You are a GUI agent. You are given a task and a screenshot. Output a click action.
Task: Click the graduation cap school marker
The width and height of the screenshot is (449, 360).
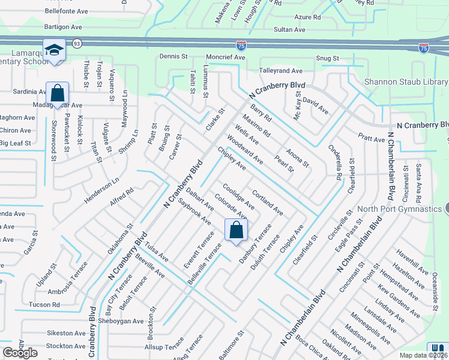click(x=54, y=50)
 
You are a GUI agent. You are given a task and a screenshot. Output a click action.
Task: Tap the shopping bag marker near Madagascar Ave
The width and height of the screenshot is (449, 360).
click(x=57, y=93)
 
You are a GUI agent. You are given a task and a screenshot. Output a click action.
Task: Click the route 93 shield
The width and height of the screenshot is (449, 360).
click(x=76, y=44)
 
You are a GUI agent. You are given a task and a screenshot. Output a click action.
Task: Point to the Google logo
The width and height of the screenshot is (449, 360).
click(x=20, y=353)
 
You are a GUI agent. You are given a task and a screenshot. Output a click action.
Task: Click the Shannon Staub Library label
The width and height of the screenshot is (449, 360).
click(x=406, y=82)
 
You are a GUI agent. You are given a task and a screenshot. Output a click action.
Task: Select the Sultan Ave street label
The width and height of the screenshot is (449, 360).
click(x=290, y=29)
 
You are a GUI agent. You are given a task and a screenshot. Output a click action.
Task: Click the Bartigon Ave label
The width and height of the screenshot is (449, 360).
click(x=63, y=27)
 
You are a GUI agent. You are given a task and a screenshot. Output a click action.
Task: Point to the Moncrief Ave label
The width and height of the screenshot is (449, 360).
click(x=226, y=56)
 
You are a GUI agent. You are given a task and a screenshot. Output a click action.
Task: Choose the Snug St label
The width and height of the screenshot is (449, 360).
click(x=328, y=58)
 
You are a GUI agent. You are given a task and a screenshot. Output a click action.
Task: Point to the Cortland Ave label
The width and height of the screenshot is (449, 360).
click(x=268, y=203)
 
